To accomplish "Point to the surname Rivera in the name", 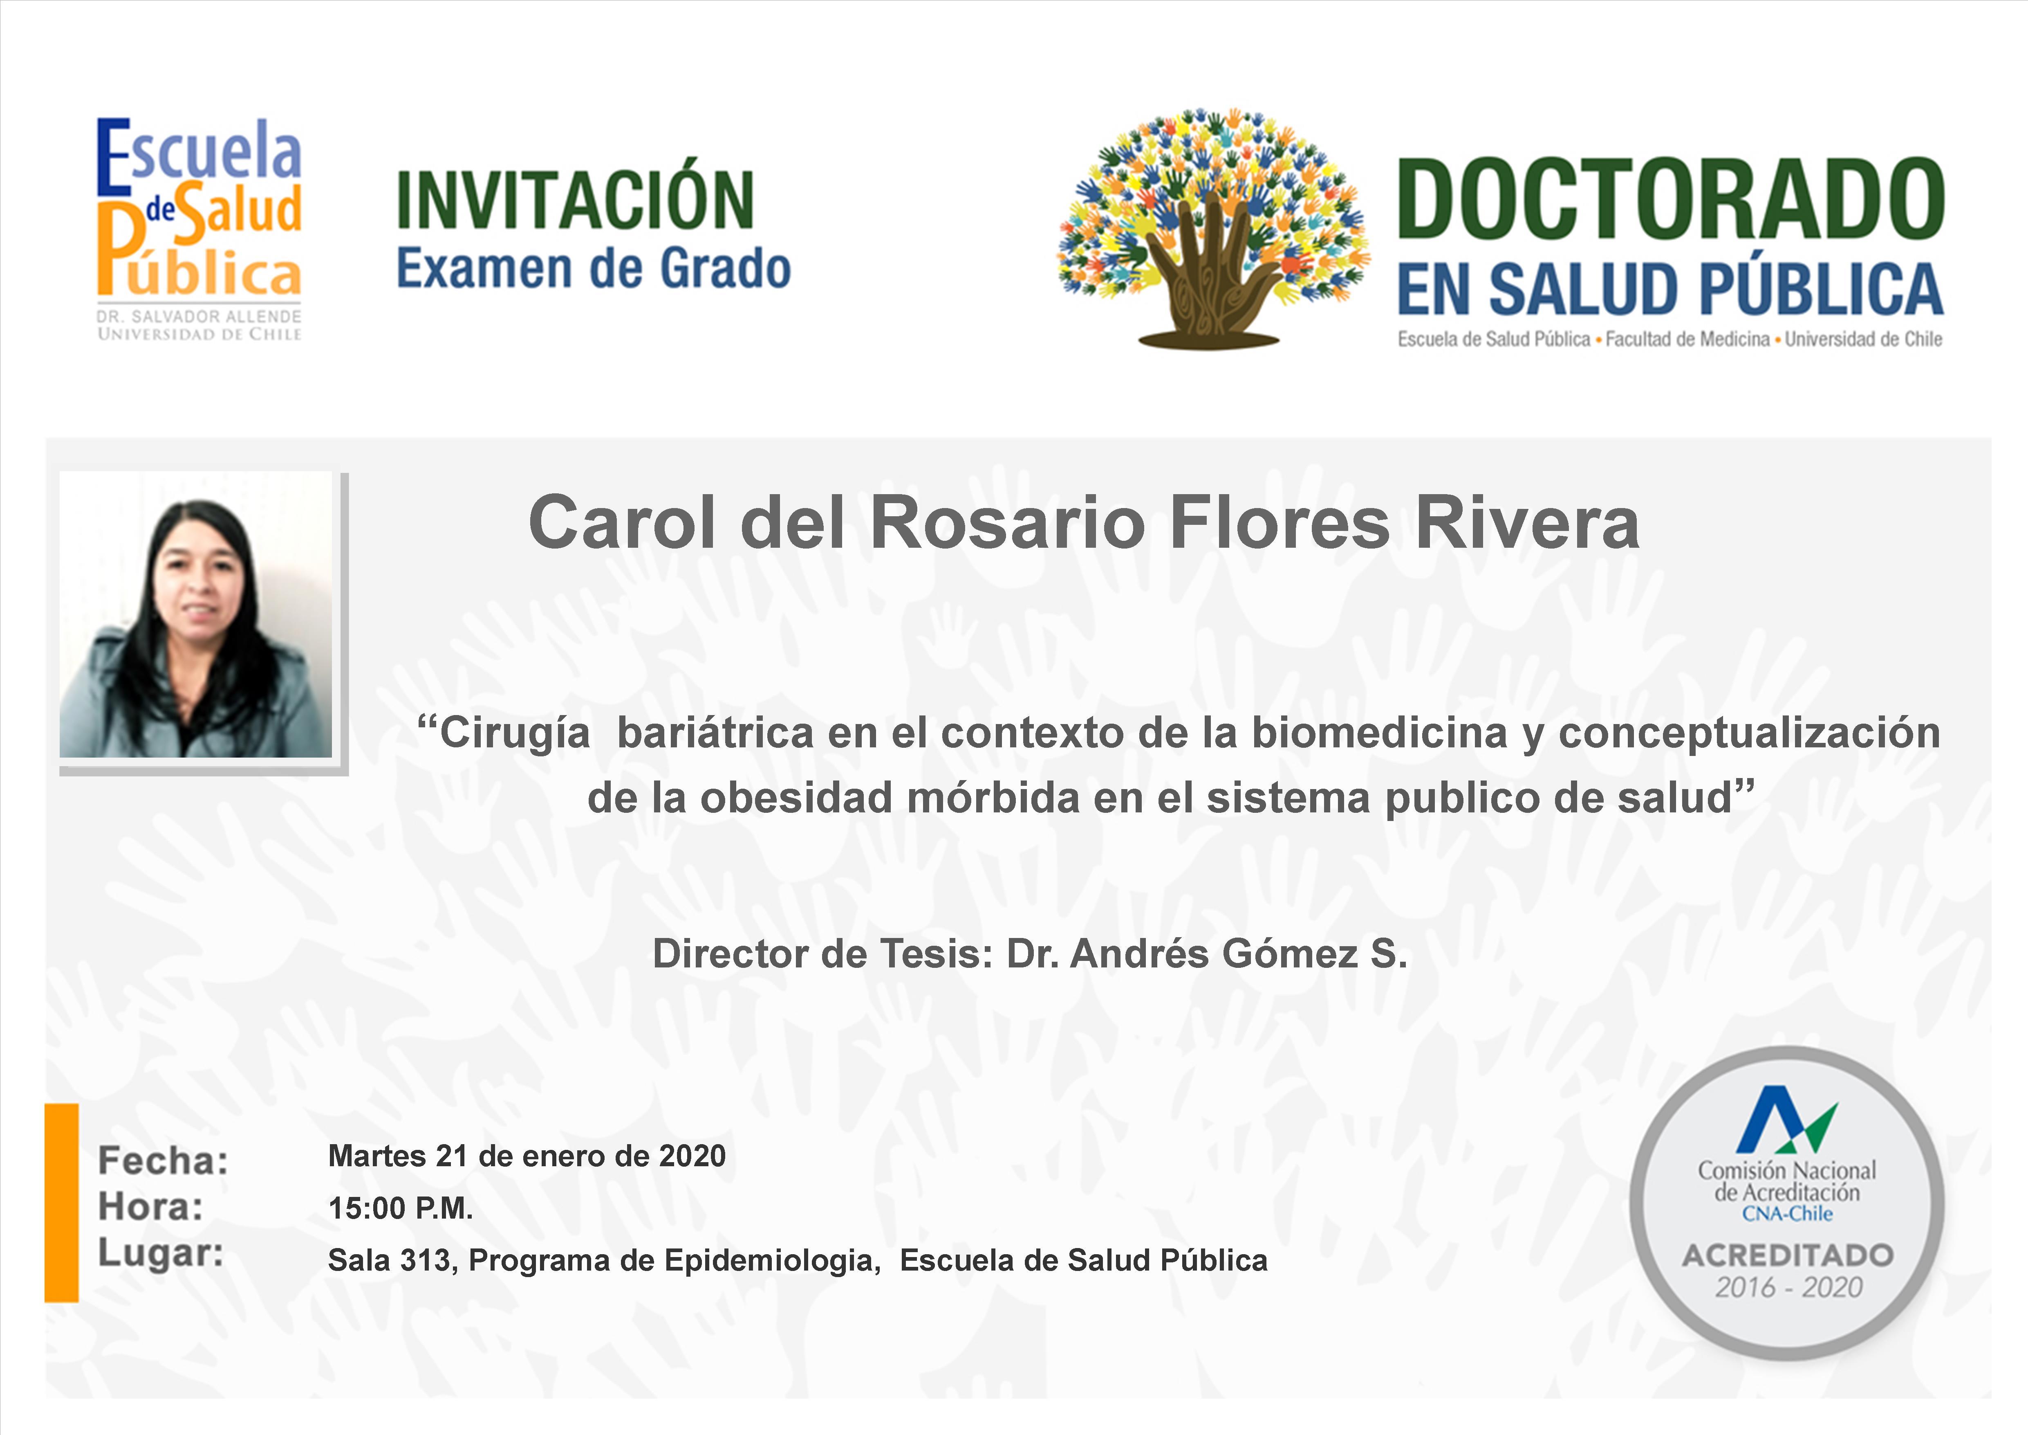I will (1527, 523).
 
